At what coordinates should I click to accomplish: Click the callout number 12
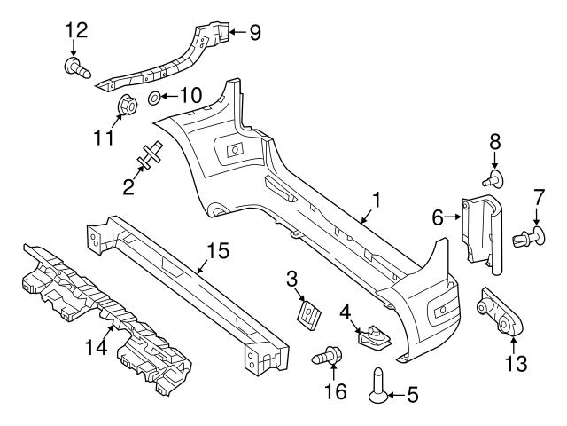[x=76, y=30]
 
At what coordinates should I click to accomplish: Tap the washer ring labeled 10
[x=155, y=98]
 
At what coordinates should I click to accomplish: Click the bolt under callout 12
[x=77, y=68]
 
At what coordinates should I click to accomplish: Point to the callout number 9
[x=255, y=32]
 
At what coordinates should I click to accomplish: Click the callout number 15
[x=218, y=250]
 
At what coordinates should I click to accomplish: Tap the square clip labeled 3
[x=308, y=313]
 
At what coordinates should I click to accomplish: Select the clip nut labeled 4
[x=372, y=335]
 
